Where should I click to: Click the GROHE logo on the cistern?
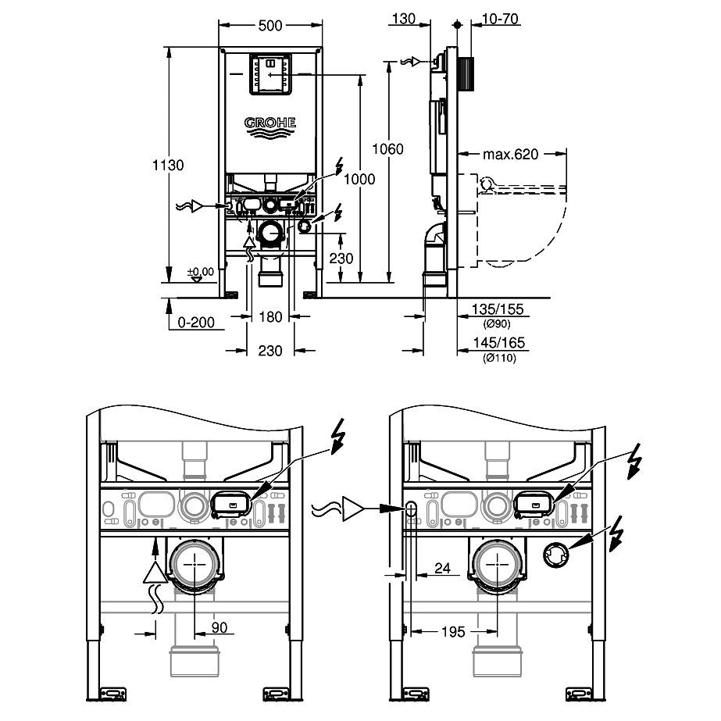coord(271,123)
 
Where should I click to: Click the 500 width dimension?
coord(270,25)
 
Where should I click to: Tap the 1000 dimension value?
coord(359,179)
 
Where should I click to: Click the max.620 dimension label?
coord(510,155)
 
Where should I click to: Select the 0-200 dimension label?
coord(196,320)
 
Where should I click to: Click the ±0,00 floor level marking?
coord(201,272)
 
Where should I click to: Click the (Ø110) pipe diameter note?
coord(500,357)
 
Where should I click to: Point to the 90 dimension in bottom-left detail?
coord(198,628)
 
